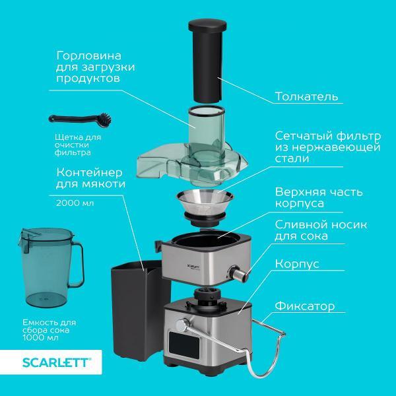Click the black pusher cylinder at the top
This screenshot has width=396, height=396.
coord(207,61)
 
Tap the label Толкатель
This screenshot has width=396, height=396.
coord(306,96)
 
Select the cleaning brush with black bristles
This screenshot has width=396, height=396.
coord(80,119)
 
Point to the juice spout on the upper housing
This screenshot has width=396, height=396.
coord(238,273)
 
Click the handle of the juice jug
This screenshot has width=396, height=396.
coord(78,265)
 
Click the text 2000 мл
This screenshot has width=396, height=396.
coord(75,203)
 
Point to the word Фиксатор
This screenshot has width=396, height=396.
coord(305,306)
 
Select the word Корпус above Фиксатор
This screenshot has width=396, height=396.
coord(297,265)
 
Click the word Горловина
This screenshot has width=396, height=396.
coord(88,56)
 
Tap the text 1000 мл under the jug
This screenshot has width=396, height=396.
coord(41,338)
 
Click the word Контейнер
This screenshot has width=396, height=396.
coord(89,172)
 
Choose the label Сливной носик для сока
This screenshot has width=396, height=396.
coord(321,230)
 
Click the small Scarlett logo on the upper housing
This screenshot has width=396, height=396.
coord(194,267)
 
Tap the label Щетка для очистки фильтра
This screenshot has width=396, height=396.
coord(78,145)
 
